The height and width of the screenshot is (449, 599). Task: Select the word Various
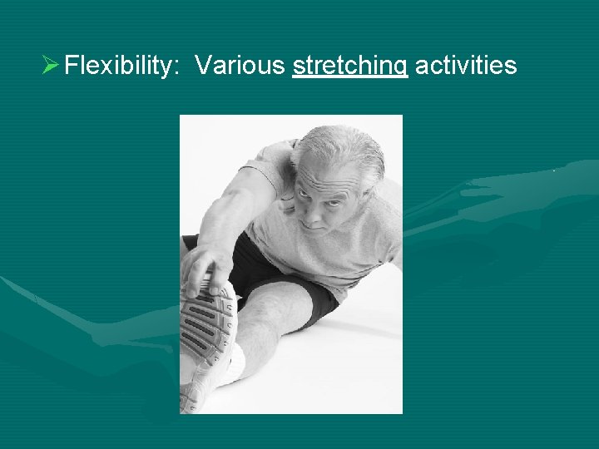pyautogui.click(x=240, y=65)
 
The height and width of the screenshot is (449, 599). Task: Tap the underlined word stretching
pyautogui.click(x=350, y=65)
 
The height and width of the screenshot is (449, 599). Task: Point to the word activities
pyautogui.click(x=465, y=65)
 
